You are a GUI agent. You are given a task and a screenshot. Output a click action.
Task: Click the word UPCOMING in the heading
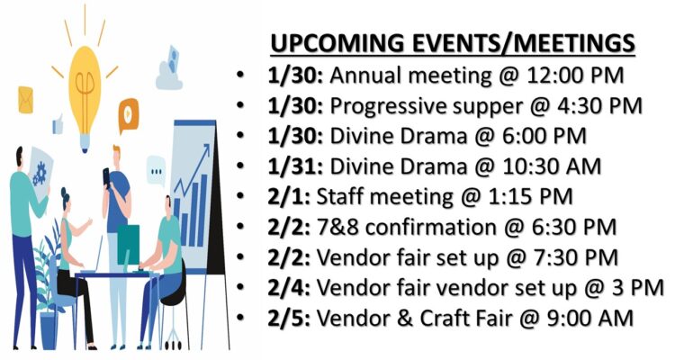click(x=337, y=43)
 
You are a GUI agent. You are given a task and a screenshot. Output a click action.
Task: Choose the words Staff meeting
click(x=385, y=197)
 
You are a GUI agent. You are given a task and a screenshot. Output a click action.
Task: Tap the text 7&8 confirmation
click(x=406, y=228)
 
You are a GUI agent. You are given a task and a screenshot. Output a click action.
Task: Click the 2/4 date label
click(x=288, y=288)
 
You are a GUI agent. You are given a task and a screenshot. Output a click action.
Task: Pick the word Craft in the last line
click(x=445, y=319)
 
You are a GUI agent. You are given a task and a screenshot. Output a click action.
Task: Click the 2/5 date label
click(x=288, y=319)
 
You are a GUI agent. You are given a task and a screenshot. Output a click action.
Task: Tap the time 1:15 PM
click(x=527, y=197)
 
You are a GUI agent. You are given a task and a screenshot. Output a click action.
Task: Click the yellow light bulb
click(x=85, y=98)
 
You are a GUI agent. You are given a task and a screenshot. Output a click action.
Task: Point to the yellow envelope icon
click(x=25, y=100)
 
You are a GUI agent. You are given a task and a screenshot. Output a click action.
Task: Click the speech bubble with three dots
click(x=156, y=171)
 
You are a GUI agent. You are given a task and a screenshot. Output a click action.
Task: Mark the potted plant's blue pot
click(x=49, y=329)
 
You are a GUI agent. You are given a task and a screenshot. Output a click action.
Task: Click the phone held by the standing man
click(x=106, y=176)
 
